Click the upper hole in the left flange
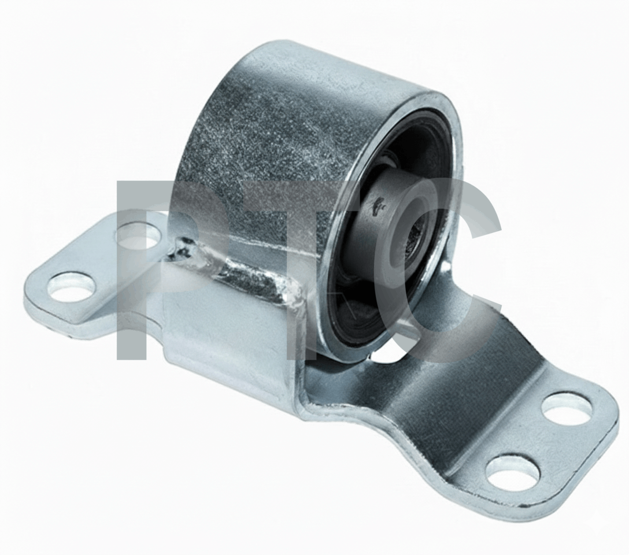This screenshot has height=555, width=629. tap(137, 235)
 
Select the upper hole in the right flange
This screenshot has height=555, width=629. tap(566, 408)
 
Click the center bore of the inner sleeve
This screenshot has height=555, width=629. tap(417, 240)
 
